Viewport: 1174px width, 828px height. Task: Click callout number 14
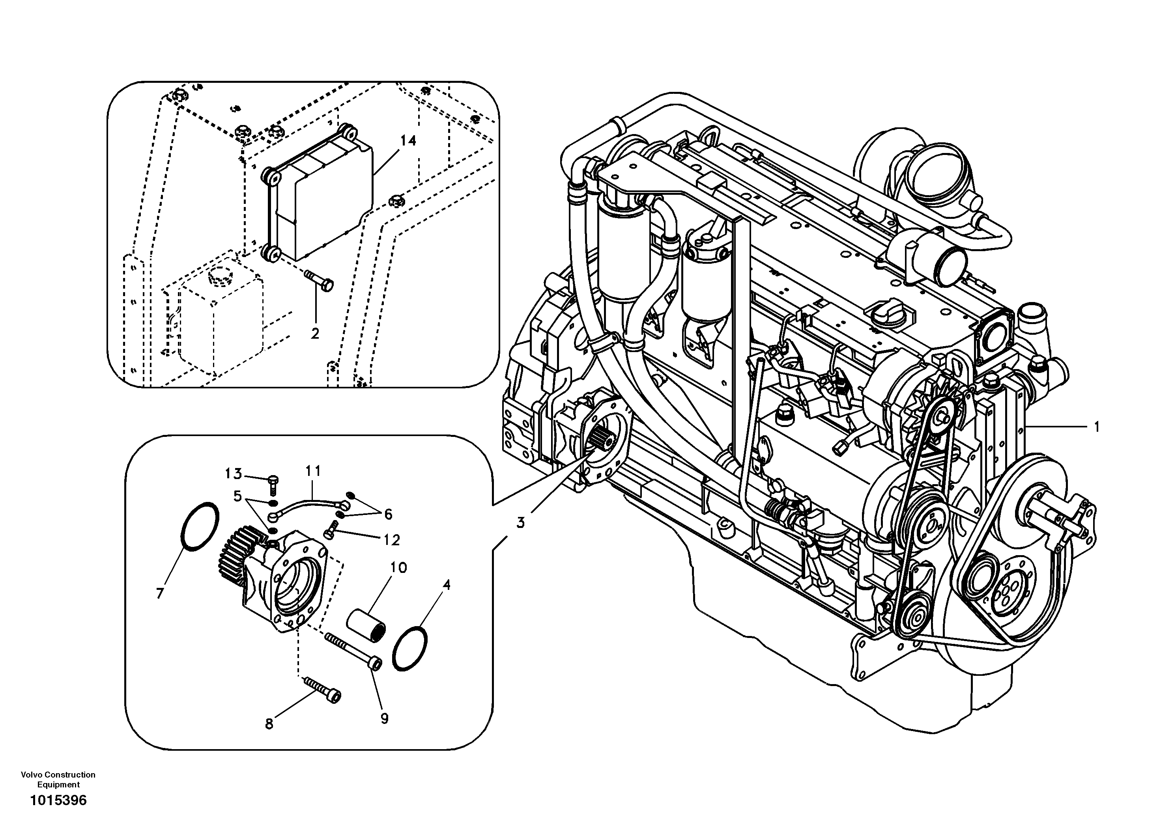[x=408, y=140]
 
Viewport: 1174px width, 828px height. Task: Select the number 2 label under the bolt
[x=315, y=333]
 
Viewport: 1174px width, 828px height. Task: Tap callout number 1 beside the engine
[x=1096, y=426]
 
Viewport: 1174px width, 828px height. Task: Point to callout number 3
[x=520, y=523]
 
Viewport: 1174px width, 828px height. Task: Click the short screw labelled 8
[x=323, y=690]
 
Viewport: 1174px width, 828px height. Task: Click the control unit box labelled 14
[x=322, y=205]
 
